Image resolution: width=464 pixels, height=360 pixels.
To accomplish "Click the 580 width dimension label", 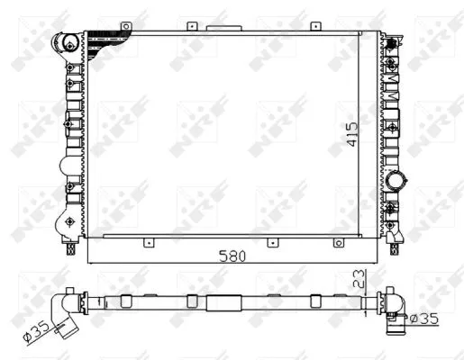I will point(232,256).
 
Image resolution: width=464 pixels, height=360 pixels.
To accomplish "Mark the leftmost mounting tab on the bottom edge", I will point(146,241).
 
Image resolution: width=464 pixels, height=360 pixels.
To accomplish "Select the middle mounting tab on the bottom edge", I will point(269,241).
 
